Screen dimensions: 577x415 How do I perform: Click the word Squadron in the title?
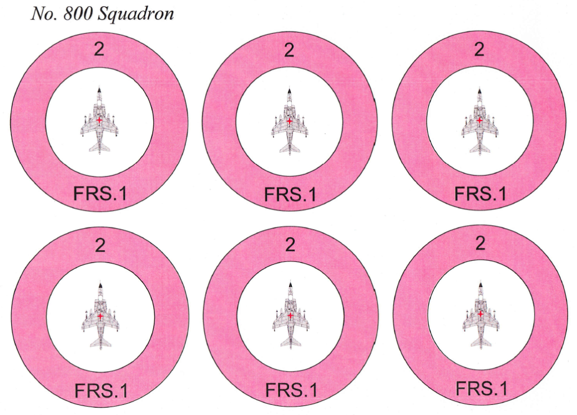point(136,15)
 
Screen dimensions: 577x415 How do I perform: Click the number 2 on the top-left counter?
point(99,49)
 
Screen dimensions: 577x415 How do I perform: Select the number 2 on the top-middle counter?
point(289,50)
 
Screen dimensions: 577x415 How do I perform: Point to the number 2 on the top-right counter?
point(479,49)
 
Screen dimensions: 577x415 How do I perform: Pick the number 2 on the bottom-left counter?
point(100,245)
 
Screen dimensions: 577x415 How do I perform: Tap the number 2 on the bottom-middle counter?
point(290,244)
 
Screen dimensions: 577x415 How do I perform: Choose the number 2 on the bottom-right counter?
point(480,243)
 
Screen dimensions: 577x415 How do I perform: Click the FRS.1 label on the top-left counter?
point(100,193)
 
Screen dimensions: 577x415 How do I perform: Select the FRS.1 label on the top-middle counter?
point(290,194)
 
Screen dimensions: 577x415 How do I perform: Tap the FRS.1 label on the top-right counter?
point(481,193)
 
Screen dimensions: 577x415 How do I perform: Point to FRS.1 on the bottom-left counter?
point(101,390)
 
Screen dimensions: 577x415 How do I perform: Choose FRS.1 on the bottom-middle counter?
point(291,390)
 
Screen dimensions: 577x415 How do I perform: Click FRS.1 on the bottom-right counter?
point(481,388)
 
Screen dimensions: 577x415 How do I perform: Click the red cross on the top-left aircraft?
point(99,120)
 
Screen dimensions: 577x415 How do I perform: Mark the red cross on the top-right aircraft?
point(480,120)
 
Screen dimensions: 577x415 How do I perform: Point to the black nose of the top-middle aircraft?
point(290,91)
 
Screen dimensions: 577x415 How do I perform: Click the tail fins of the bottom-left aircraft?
point(100,343)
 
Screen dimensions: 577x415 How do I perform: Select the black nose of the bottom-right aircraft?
point(481,284)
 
